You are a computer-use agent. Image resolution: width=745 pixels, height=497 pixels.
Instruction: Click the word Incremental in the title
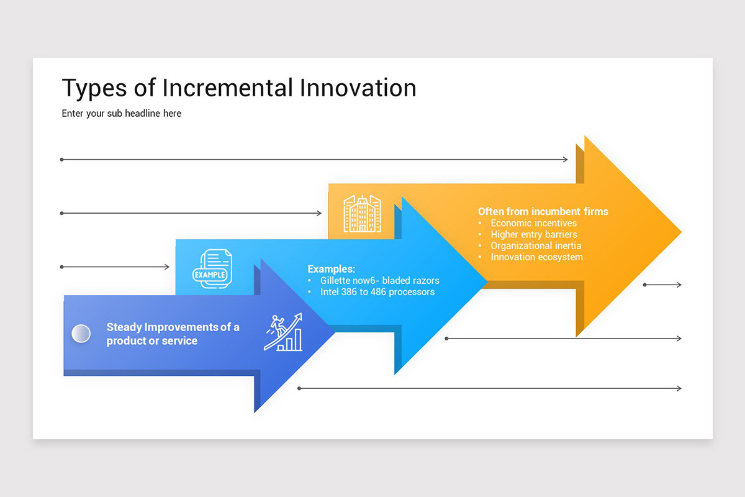[x=228, y=88]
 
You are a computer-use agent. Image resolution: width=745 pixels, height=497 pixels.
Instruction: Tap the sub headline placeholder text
[x=122, y=113]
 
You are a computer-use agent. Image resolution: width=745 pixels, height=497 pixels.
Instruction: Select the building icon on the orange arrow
[x=362, y=214]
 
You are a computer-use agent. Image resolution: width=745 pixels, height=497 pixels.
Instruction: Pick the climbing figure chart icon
[x=284, y=332]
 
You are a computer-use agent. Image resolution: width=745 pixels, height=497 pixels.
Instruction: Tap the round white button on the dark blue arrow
[x=81, y=334]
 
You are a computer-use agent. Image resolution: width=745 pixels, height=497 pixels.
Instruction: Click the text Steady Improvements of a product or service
[x=173, y=334]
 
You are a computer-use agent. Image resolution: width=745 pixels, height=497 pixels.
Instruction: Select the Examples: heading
[x=332, y=269]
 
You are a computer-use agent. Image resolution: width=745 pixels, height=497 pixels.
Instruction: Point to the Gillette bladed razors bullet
[x=379, y=281]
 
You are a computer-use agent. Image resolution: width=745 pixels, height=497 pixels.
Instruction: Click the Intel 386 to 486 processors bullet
[x=377, y=291]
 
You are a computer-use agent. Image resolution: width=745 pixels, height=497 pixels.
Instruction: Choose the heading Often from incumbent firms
[x=543, y=211]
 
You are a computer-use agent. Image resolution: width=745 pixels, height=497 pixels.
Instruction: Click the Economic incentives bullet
[x=533, y=223]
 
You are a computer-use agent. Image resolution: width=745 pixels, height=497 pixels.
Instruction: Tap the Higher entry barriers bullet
[x=533, y=234]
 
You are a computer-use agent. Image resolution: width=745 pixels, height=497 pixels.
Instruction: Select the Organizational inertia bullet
[x=535, y=245]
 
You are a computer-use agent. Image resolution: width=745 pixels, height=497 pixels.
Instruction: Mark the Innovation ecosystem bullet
[x=536, y=257]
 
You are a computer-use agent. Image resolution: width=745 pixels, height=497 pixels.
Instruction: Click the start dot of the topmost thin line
[x=61, y=160]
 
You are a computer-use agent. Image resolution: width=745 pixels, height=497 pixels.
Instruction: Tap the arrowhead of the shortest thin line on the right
[x=679, y=285]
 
